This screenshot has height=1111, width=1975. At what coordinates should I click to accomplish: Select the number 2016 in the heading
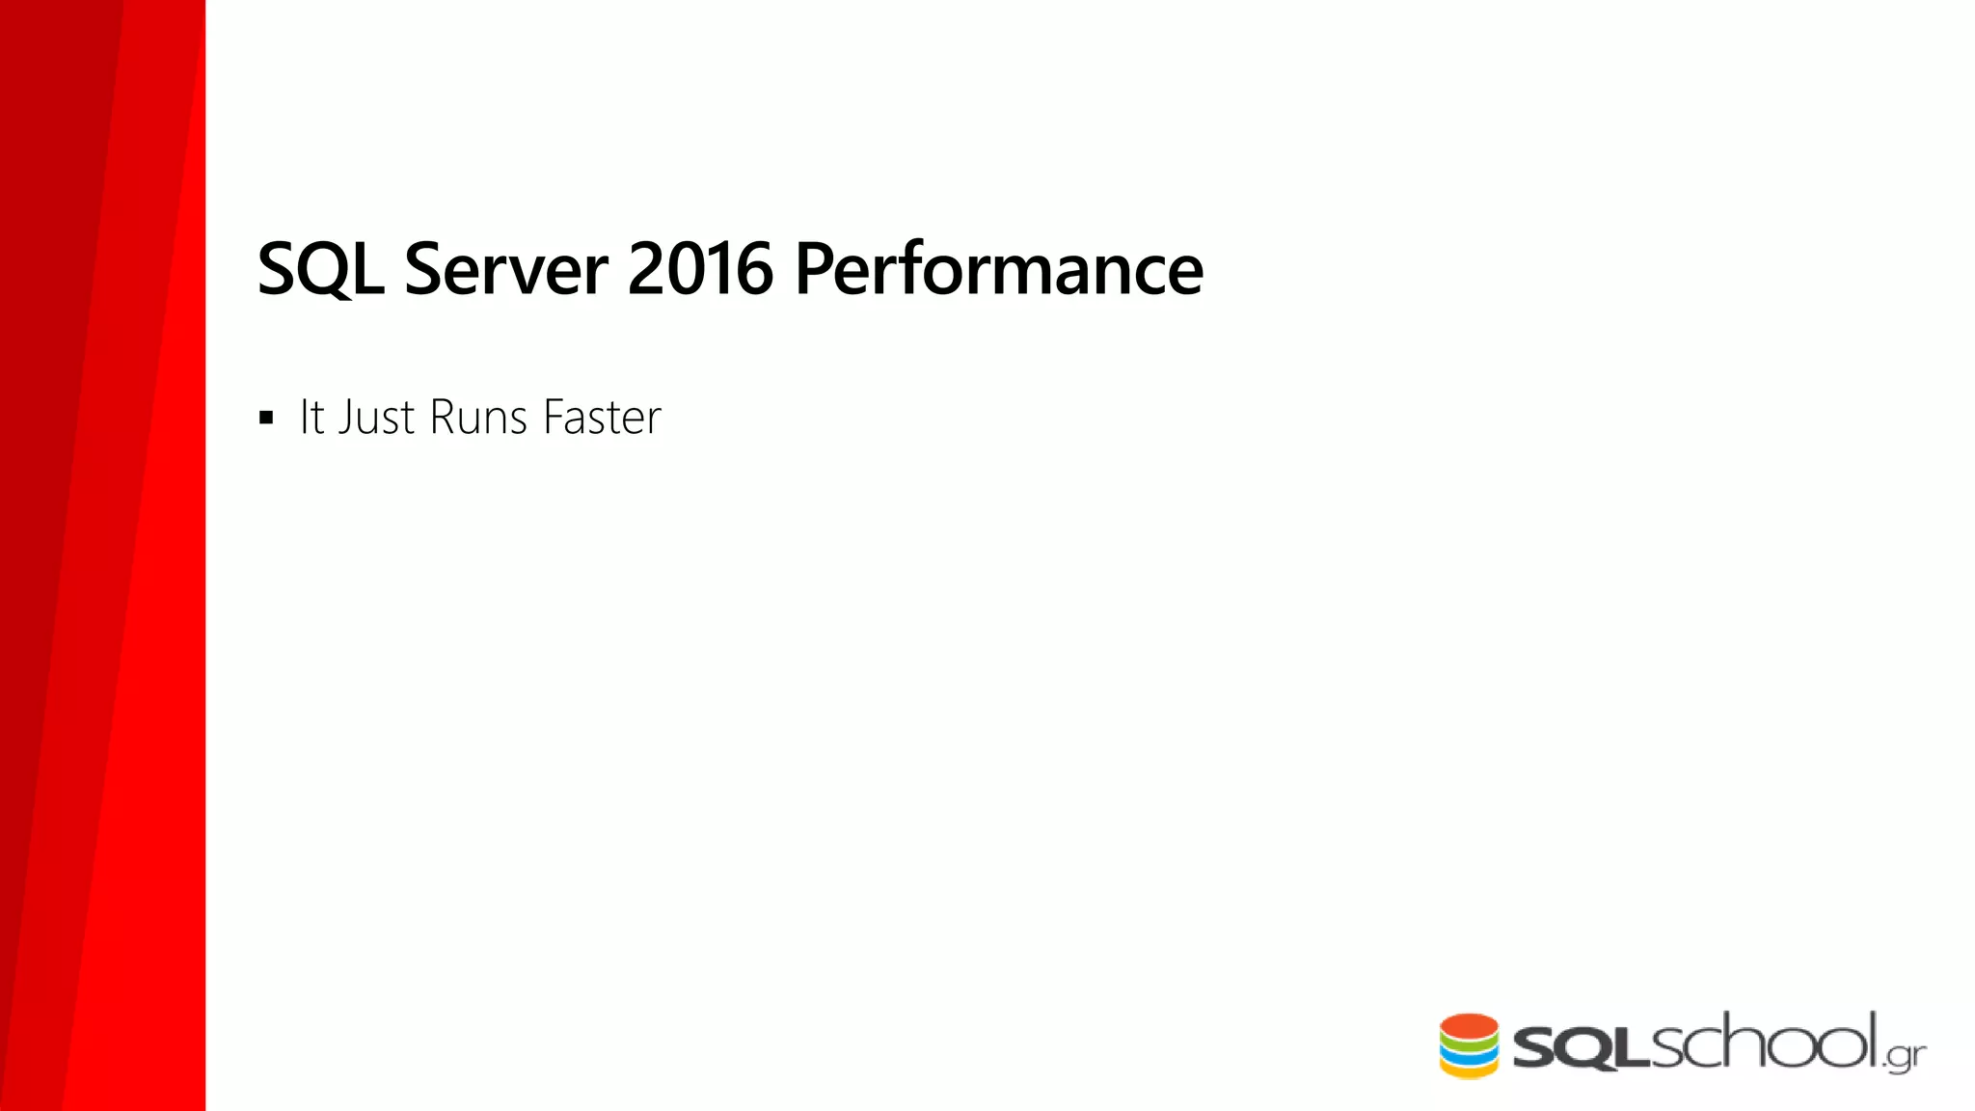point(700,268)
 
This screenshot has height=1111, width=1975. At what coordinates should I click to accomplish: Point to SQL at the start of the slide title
point(320,268)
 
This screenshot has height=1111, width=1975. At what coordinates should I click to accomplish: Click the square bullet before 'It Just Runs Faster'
point(266,419)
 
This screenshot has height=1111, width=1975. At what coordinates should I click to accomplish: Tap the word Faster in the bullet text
point(602,418)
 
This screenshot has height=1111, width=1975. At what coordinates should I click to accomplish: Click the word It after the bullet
point(311,418)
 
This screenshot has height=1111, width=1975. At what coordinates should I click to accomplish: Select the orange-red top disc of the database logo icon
point(1469,1025)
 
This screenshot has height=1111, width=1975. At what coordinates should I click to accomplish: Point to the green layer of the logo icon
point(1469,1042)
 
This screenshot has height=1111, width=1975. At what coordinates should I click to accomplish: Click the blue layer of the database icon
point(1469,1055)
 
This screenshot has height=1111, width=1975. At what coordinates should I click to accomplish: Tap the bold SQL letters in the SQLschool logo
point(1583,1048)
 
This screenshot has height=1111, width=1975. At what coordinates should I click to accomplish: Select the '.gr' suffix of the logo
point(1904,1057)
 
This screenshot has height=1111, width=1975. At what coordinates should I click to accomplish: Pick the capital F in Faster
point(554,418)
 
